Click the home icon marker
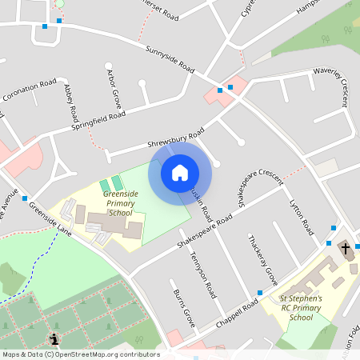[180, 172]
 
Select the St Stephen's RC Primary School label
[301, 307]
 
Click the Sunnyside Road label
[170, 61]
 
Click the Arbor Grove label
[113, 88]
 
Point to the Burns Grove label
[184, 308]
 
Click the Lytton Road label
[302, 216]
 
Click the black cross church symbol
[346, 249]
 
